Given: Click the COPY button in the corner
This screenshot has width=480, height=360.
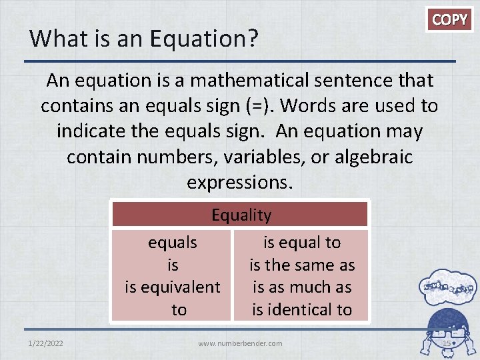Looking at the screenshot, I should click(450, 19).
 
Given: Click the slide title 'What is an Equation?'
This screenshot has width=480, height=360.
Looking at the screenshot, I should click(144, 39).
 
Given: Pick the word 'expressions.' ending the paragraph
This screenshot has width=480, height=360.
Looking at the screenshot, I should click(240, 182).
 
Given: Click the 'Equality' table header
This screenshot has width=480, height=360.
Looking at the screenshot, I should click(241, 215).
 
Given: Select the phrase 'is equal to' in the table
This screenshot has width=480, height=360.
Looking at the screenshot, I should click(301, 243).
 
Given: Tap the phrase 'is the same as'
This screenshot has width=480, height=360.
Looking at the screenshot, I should click(301, 265).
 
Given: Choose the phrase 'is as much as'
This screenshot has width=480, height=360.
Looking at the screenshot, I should click(301, 287).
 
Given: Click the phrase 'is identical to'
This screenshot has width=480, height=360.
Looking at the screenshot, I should click(301, 309).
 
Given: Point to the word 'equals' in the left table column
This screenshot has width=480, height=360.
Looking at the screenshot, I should click(173, 243).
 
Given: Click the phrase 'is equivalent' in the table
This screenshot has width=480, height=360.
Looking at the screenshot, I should click(173, 287).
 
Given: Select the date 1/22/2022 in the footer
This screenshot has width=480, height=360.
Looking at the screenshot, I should click(47, 343).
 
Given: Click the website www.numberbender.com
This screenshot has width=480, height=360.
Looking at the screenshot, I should click(240, 343).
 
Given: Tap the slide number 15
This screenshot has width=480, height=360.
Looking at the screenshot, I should click(446, 343).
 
